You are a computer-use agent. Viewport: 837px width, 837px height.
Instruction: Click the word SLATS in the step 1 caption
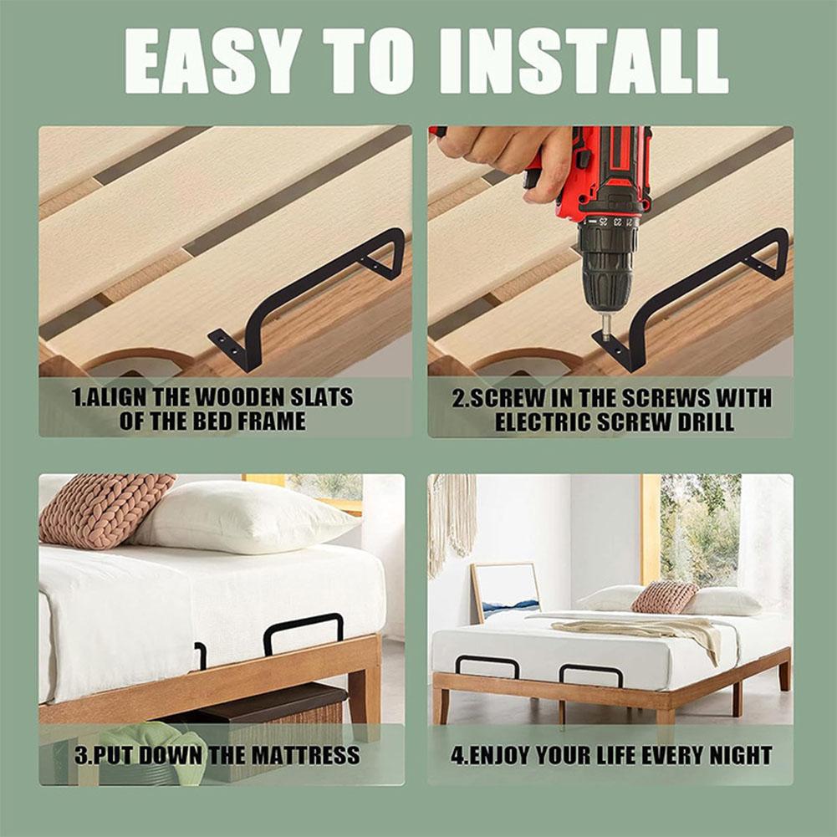(x=321, y=397)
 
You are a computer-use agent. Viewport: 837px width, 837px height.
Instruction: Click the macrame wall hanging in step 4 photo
(x=452, y=523)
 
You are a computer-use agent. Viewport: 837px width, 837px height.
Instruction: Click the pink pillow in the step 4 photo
(x=664, y=597)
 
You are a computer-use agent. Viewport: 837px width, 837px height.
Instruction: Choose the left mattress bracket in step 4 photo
(x=487, y=666)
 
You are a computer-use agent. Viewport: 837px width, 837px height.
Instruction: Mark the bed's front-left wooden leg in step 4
(x=441, y=704)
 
